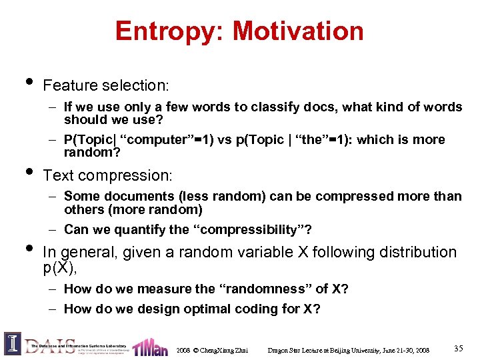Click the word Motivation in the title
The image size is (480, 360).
[x=298, y=31]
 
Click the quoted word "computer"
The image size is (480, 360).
[x=154, y=140]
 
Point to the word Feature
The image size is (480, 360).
[x=69, y=86]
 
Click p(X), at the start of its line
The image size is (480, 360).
[x=60, y=267]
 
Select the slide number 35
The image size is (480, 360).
[x=458, y=348]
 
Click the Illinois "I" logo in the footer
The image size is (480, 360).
[x=12, y=343]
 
